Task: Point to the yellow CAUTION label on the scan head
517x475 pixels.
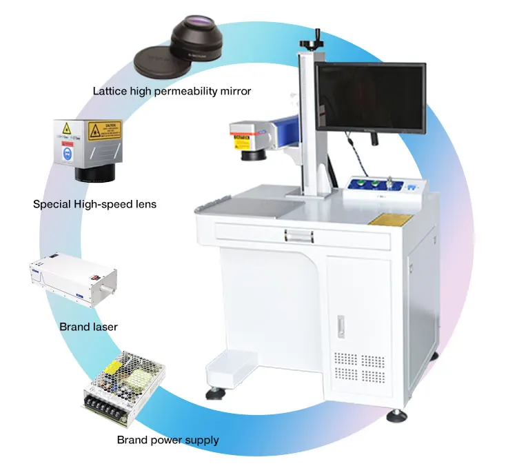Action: point(104,130)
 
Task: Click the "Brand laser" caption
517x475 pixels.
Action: point(88,326)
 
